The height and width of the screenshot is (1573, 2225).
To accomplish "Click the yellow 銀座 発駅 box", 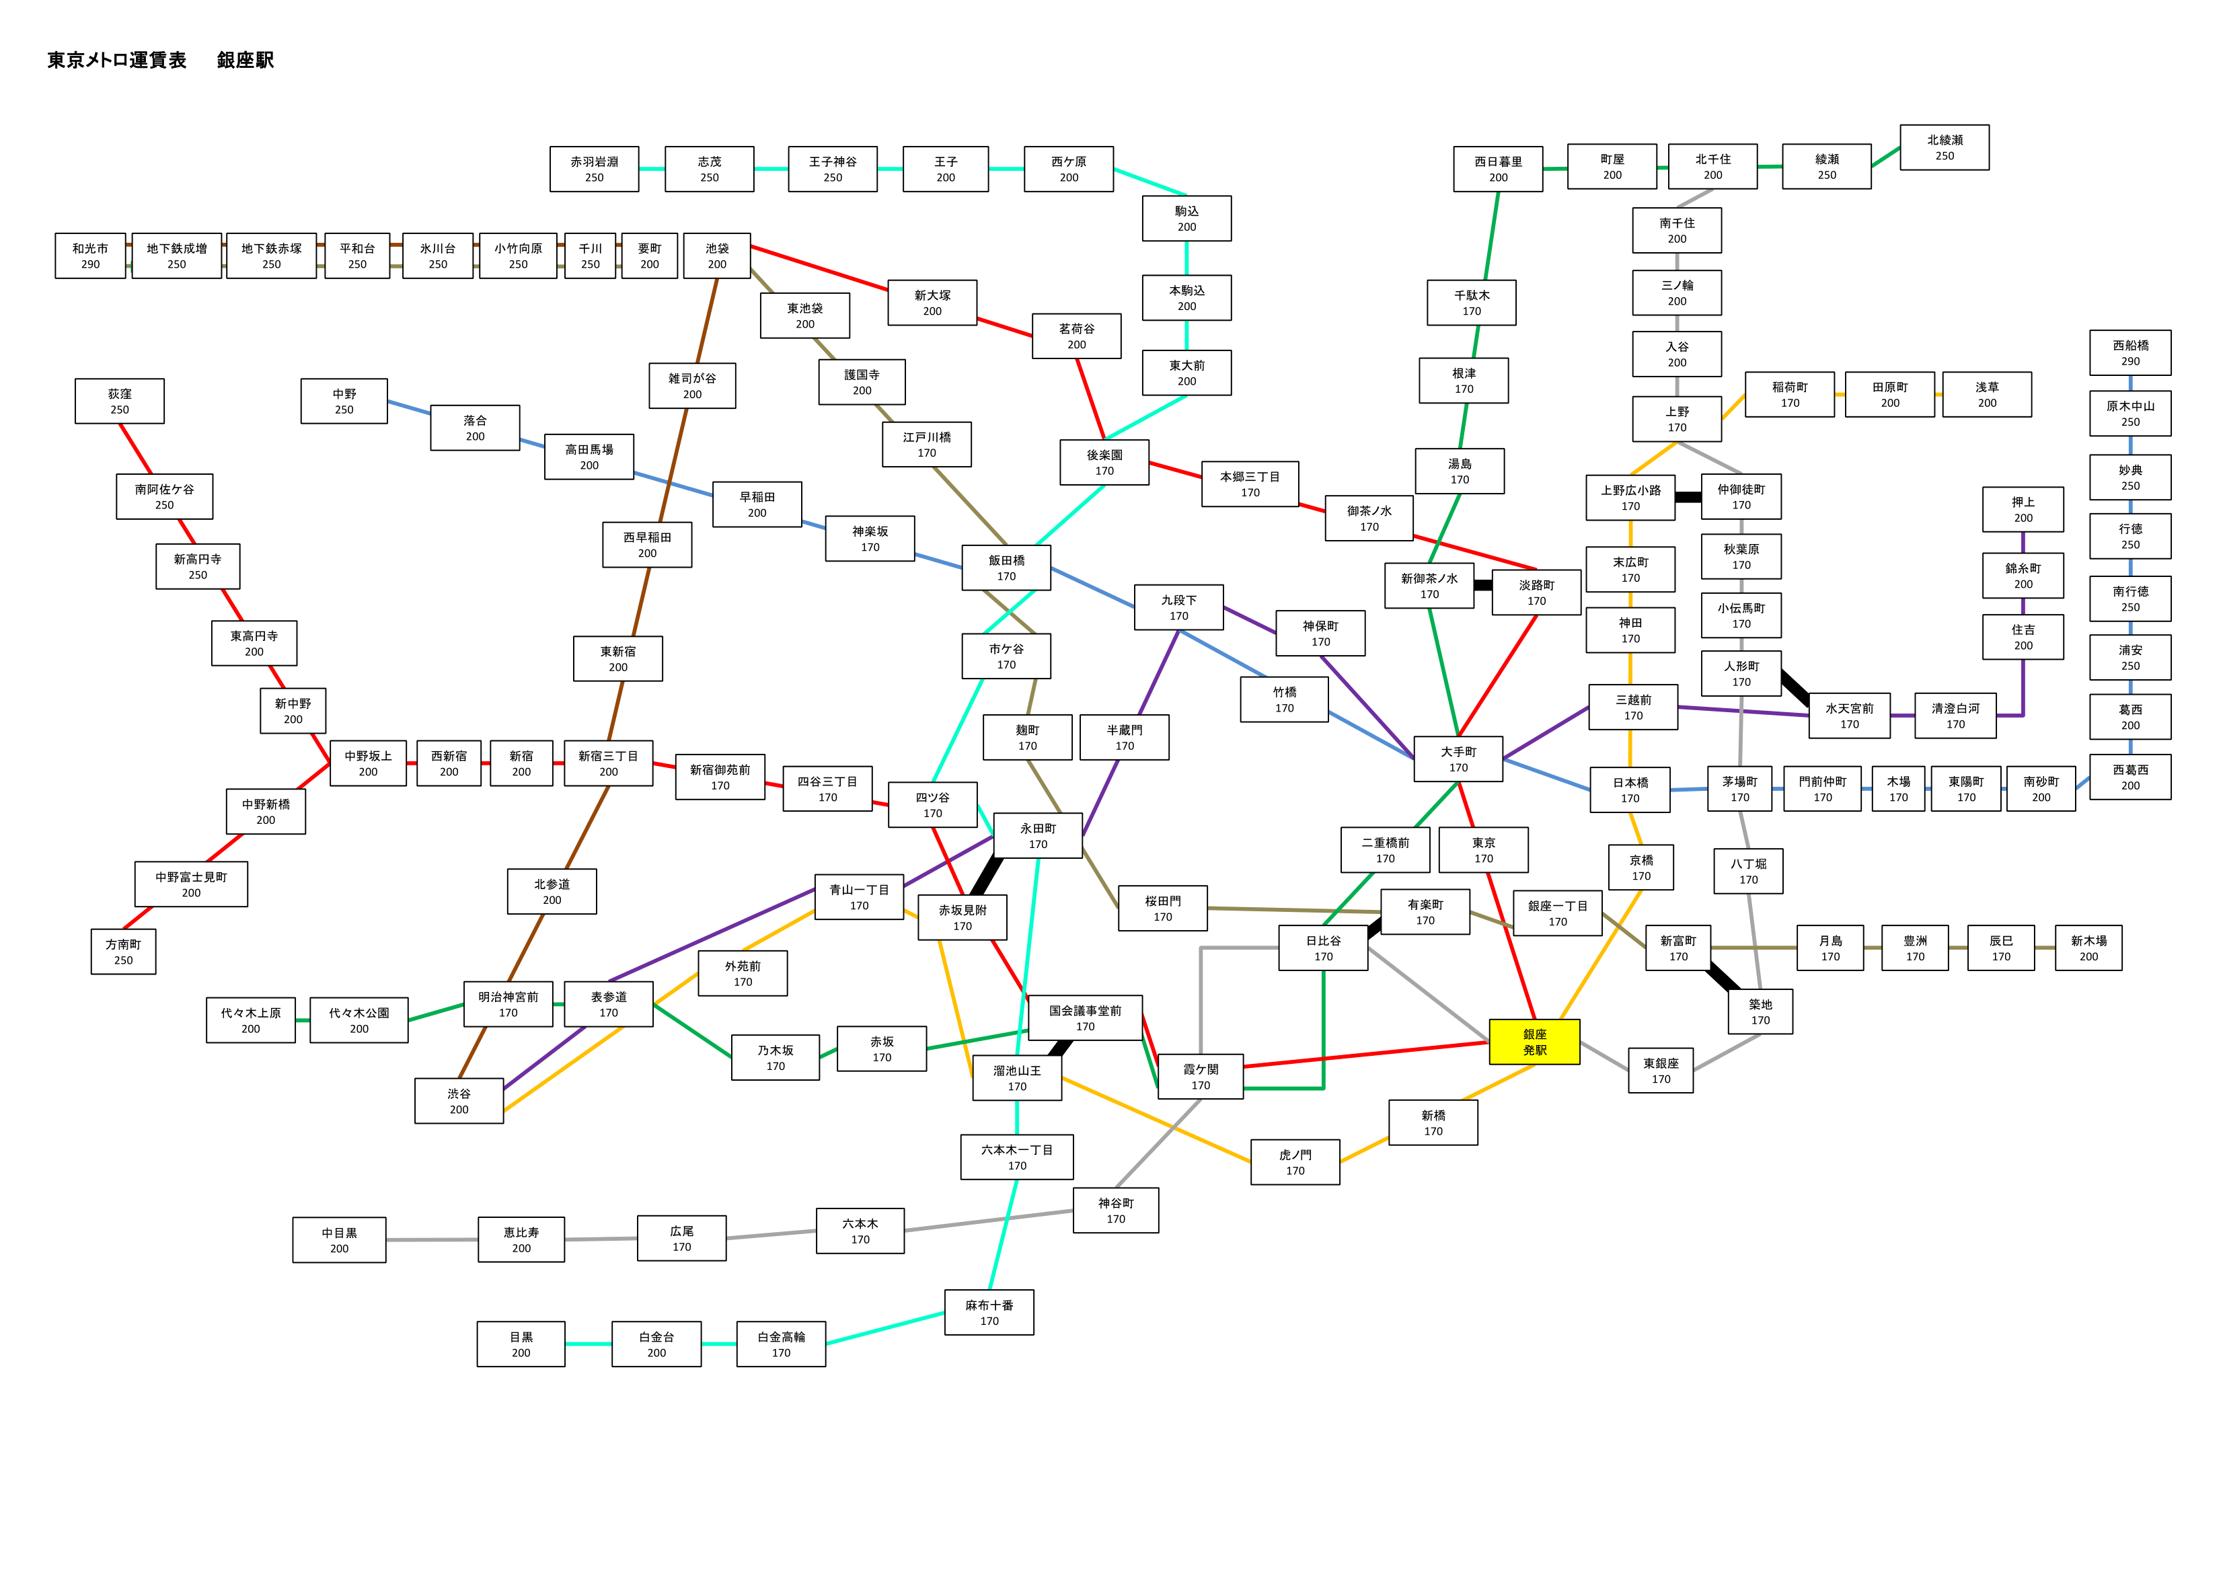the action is pyautogui.click(x=1534, y=1042).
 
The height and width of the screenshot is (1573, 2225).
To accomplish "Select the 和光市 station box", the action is pyautogui.click(x=90, y=256).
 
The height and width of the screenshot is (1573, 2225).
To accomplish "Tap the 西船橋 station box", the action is pyautogui.click(x=2130, y=353).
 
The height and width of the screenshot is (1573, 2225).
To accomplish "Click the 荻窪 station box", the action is pyautogui.click(x=119, y=401).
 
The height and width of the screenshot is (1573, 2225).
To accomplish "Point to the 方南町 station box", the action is pyautogui.click(x=123, y=952).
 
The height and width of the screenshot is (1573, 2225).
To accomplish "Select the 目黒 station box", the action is pyautogui.click(x=521, y=1344).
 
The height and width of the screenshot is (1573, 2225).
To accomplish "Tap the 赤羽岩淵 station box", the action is pyautogui.click(x=594, y=169).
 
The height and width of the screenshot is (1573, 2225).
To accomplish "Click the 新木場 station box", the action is pyautogui.click(x=2088, y=948).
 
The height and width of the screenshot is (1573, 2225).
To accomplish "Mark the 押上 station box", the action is pyautogui.click(x=2023, y=510).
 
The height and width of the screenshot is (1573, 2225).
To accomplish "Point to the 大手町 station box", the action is pyautogui.click(x=1458, y=759).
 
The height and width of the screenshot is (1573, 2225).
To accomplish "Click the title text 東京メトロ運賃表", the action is pyautogui.click(x=117, y=60).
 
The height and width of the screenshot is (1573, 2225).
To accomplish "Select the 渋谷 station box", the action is pyautogui.click(x=459, y=1101).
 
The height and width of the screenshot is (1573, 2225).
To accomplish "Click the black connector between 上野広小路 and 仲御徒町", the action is pyautogui.click(x=1688, y=497).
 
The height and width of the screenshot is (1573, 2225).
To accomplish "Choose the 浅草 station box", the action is pyautogui.click(x=1987, y=395).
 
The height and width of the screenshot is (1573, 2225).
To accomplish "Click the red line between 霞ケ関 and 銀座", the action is pyautogui.click(x=1366, y=1054).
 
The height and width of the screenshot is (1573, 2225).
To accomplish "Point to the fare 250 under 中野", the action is pyautogui.click(x=344, y=410).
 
